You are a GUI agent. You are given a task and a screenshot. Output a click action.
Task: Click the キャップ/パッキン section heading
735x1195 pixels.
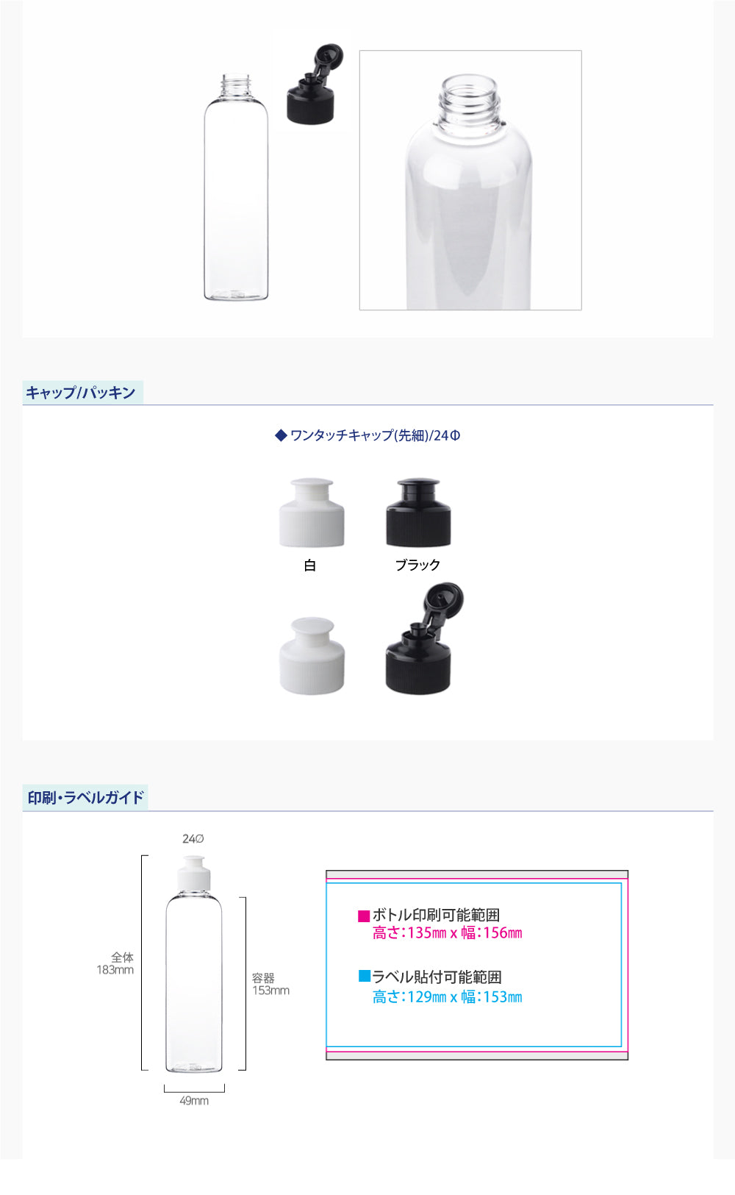tap(81, 393)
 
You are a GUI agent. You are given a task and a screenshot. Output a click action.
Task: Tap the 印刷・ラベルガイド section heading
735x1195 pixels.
tap(86, 798)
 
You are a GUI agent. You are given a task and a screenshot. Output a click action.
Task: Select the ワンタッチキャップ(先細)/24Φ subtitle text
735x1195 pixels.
tap(367, 435)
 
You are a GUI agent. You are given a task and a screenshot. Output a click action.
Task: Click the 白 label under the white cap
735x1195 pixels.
tap(310, 566)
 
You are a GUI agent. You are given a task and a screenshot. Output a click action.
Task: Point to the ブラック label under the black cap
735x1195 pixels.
tap(417, 565)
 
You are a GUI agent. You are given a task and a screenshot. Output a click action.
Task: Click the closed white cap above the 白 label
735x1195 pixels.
tap(312, 513)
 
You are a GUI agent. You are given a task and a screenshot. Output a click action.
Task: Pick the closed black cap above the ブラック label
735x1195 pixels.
tap(418, 513)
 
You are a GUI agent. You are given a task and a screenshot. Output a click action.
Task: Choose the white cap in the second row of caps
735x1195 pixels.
tap(312, 656)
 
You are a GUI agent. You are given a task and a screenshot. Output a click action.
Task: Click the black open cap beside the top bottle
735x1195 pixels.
tap(315, 85)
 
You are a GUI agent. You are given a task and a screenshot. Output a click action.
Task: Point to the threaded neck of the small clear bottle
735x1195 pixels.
tap(236, 85)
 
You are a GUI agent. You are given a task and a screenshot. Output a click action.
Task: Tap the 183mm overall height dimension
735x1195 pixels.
tap(115, 970)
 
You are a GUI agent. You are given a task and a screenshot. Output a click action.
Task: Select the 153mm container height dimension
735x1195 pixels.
tap(271, 991)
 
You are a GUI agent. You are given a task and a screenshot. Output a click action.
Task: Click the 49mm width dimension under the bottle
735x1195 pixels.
tap(194, 1101)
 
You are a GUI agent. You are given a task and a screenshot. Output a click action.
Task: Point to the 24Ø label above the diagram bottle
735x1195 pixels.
tap(193, 838)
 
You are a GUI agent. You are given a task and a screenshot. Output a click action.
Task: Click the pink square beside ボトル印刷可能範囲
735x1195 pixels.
tap(364, 916)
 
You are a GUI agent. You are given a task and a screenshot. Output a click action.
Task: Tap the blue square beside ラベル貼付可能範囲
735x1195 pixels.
tap(365, 976)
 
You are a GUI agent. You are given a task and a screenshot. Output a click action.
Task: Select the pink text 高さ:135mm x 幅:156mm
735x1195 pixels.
tap(447, 933)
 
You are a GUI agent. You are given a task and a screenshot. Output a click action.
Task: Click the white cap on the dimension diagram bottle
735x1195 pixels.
tap(194, 874)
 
